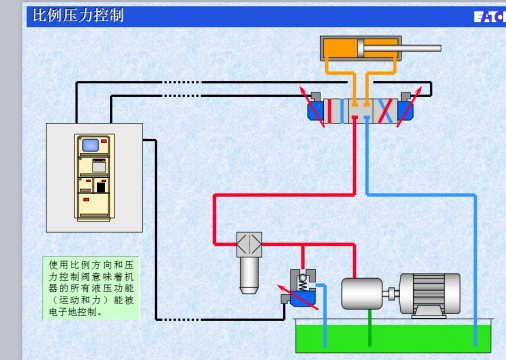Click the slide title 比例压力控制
79,15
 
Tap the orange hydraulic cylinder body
340,48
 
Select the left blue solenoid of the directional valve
319,109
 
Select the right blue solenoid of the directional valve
407,109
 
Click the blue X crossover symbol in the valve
385,111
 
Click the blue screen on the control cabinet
92,145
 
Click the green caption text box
91,287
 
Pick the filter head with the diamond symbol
249,244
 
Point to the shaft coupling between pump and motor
392,293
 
